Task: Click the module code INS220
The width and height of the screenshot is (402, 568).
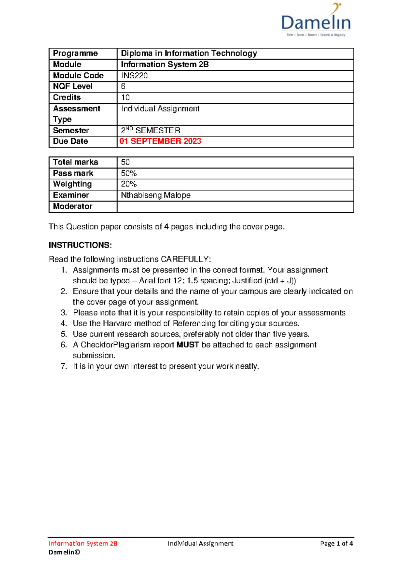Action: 134,76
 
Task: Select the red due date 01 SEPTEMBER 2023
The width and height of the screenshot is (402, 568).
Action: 160,141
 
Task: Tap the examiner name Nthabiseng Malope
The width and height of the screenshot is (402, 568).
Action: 156,195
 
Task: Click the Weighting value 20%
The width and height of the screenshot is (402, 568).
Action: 129,184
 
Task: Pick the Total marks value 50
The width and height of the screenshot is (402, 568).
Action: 125,162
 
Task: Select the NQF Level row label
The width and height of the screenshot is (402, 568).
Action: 73,86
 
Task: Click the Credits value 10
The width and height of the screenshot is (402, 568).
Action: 125,97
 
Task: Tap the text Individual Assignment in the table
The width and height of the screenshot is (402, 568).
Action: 160,109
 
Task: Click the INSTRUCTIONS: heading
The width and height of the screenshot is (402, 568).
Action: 80,245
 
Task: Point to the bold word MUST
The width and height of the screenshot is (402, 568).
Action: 188,345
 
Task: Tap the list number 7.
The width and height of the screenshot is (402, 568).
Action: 64,366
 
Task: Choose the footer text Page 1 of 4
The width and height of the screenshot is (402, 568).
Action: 336,544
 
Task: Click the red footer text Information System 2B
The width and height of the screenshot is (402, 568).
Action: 83,544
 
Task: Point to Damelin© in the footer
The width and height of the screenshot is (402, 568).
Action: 64,552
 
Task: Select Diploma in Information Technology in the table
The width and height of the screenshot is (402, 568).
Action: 189,54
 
